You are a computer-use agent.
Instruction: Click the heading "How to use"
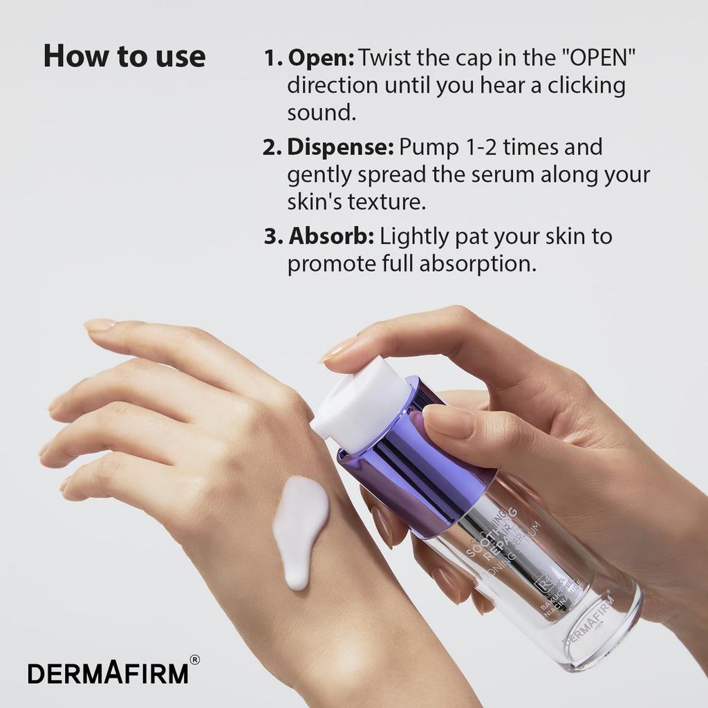(124, 56)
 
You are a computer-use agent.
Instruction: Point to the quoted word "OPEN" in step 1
(598, 57)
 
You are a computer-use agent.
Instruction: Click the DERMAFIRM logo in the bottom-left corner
(108, 673)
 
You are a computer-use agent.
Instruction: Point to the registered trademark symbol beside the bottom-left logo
(195, 660)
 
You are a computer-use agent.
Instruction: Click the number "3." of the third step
(273, 236)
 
